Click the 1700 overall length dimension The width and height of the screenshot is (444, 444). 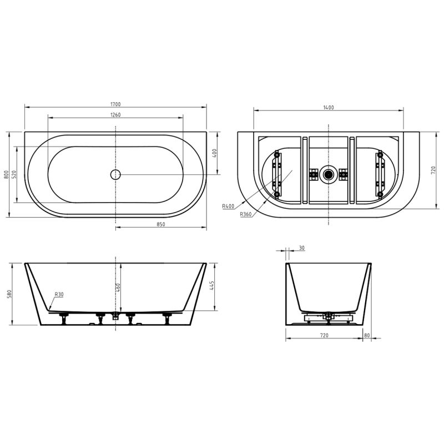(x=115, y=104)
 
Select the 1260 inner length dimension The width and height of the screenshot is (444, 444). (x=115, y=115)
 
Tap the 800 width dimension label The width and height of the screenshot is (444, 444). (x=6, y=174)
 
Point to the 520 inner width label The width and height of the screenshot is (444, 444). (x=14, y=174)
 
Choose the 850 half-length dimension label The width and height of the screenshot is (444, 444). (x=160, y=224)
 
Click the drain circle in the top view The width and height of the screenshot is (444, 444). (x=115, y=174)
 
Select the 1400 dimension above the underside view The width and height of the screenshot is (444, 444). (x=329, y=108)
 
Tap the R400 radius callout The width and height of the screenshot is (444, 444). (x=228, y=206)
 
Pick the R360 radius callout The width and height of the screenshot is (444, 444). (x=245, y=214)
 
